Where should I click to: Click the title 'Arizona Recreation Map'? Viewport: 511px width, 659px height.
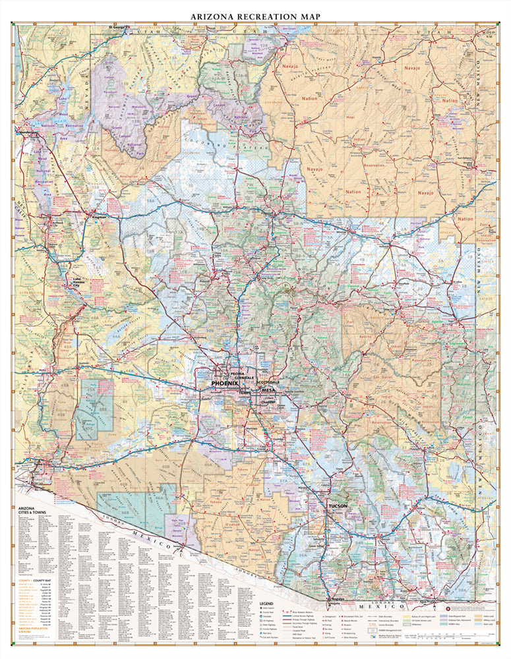coord(255,15)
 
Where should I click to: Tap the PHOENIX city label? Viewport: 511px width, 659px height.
coord(225,383)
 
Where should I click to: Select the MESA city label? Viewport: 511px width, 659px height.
coord(268,391)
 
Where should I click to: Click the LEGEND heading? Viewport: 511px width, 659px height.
coord(266,603)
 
